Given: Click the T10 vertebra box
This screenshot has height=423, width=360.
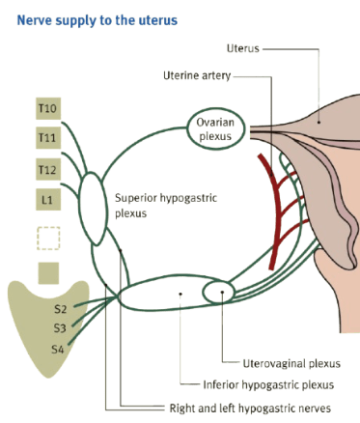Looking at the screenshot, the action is pos(48,108).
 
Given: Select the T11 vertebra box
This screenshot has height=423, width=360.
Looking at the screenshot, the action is pos(48,138).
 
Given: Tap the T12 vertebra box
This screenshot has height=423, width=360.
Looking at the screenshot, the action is pos(48,169).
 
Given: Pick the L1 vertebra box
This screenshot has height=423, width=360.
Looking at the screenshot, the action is pos(48,200).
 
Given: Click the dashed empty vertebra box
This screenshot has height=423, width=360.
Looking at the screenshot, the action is pos(48,239).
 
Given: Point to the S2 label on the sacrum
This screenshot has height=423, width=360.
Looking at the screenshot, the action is pos(60,309).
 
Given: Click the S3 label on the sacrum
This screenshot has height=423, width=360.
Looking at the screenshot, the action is pos(60,328).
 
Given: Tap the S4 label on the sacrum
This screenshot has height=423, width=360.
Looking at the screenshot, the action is pos(58,350).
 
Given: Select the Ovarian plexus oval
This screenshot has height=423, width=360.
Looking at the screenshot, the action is pos(215,108).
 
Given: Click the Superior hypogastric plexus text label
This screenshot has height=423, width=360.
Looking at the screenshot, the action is pos(166,206).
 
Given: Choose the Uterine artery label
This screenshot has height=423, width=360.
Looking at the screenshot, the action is pos(197,75).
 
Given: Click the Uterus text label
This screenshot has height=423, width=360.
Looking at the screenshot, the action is pos(243,48).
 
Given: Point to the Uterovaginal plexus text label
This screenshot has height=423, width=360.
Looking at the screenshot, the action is pos(291,364).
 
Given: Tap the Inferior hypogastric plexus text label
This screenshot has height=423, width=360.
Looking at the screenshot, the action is pos(268,385).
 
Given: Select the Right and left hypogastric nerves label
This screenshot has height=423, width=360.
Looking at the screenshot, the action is pos(250,409).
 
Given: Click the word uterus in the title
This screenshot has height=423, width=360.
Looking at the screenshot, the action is pos(158,20).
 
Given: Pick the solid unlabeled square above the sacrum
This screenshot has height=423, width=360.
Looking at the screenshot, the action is pos(48,273).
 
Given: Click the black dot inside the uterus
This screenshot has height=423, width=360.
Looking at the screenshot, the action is pos(318,122).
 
